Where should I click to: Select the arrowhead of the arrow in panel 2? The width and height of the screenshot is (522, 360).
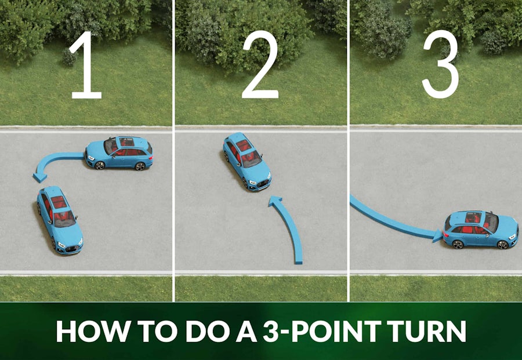coord(275,202)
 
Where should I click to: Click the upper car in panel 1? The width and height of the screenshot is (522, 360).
coord(119,153)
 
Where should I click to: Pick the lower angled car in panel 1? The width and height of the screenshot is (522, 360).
coord(60,218)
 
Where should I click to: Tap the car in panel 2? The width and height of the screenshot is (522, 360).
coord(247,161)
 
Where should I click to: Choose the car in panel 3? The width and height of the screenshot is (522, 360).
coord(481,230)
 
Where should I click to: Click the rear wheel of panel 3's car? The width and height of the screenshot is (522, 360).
coord(458,244)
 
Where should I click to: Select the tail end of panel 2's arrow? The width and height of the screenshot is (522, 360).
coord(298,260)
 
